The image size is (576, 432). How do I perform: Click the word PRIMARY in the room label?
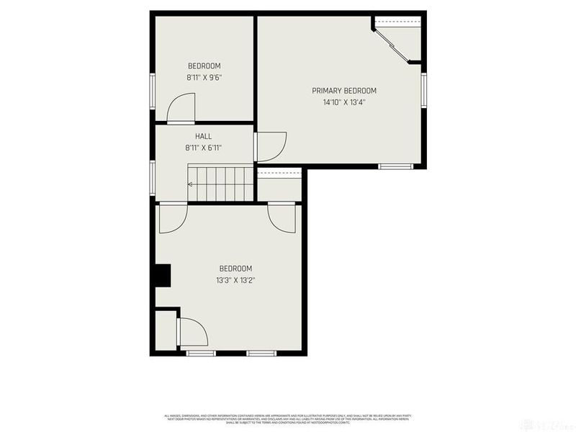(x=328, y=91)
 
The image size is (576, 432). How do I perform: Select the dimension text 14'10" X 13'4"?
(x=344, y=102)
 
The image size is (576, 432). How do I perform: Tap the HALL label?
(x=203, y=136)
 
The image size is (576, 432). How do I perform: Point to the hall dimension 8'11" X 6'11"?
(x=203, y=148)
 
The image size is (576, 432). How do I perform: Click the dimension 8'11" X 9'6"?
(x=204, y=77)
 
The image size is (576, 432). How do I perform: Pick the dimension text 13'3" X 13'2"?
(x=235, y=280)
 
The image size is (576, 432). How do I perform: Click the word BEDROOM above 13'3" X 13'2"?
(x=235, y=269)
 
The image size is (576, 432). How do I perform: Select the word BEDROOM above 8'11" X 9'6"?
(x=204, y=66)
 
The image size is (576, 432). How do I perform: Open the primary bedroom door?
(x=272, y=147)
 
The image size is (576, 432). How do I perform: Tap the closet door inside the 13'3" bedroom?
(x=192, y=333)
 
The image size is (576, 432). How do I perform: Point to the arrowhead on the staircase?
(x=190, y=184)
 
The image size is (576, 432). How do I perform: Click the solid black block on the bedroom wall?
(x=163, y=276)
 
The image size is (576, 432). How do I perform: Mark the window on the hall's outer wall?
(x=153, y=176)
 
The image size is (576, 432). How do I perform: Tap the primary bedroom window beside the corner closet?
(x=424, y=90)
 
